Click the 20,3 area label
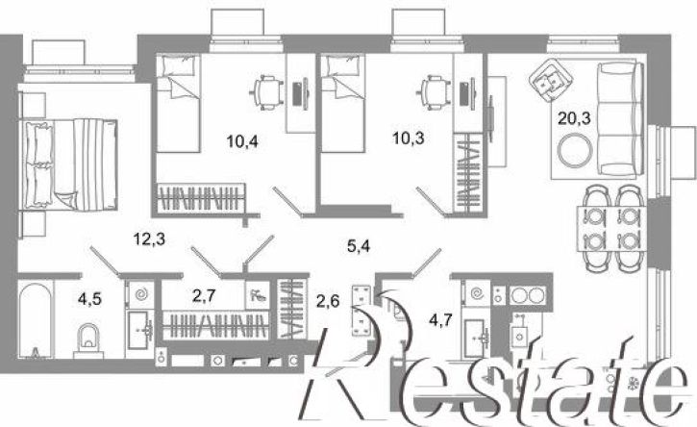[574, 118]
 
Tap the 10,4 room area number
[242, 141]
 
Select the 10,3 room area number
[408, 138]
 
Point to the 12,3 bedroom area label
[149, 239]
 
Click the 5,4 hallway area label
[359, 245]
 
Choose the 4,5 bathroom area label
[89, 299]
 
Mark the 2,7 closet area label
[204, 296]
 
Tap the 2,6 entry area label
[329, 302]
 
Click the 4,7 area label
[441, 319]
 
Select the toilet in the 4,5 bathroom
[88, 340]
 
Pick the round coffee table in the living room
[576, 150]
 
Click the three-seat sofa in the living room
[620, 118]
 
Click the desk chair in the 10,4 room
[266, 93]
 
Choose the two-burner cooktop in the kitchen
[527, 294]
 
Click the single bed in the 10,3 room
[342, 104]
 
